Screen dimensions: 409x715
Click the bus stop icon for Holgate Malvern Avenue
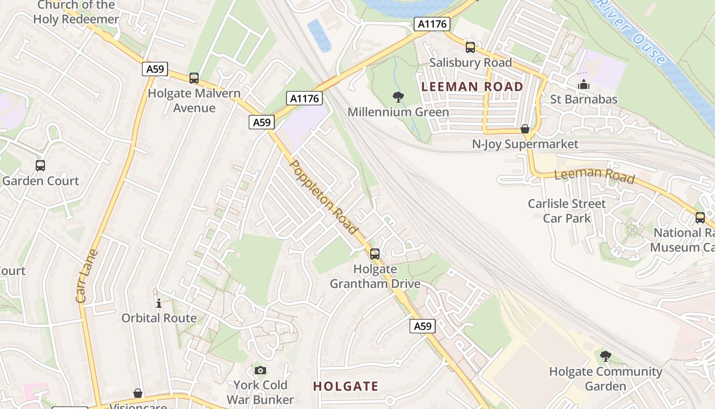pyautogui.click(x=194, y=78)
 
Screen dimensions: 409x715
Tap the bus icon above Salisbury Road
pyautogui.click(x=470, y=48)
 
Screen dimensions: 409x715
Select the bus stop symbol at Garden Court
pyautogui.click(x=40, y=166)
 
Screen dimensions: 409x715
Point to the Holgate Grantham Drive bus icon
pyautogui.click(x=375, y=254)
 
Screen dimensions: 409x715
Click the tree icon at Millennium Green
pyautogui.click(x=398, y=97)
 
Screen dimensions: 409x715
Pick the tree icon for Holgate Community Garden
pyautogui.click(x=605, y=356)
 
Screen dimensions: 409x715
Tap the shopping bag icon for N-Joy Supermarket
pyautogui.click(x=525, y=129)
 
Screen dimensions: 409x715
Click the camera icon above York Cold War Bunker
pyautogui.click(x=260, y=370)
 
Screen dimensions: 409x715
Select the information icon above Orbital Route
pyautogui.click(x=159, y=303)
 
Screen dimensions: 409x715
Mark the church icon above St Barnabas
pyautogui.click(x=584, y=84)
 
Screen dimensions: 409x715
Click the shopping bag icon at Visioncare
pyautogui.click(x=138, y=393)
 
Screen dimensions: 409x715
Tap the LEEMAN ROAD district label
pyautogui.click(x=472, y=86)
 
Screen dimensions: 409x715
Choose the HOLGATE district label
pyautogui.click(x=346, y=386)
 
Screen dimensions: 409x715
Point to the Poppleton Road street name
pyautogui.click(x=323, y=197)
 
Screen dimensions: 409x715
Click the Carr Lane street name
pyautogui.click(x=86, y=276)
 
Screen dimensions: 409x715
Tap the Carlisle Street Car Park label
pyautogui.click(x=566, y=211)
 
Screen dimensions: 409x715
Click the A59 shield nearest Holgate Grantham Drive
pyautogui.click(x=422, y=326)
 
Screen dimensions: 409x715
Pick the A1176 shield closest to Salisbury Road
pyautogui.click(x=432, y=24)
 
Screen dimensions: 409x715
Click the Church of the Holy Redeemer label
pyautogui.click(x=76, y=12)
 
